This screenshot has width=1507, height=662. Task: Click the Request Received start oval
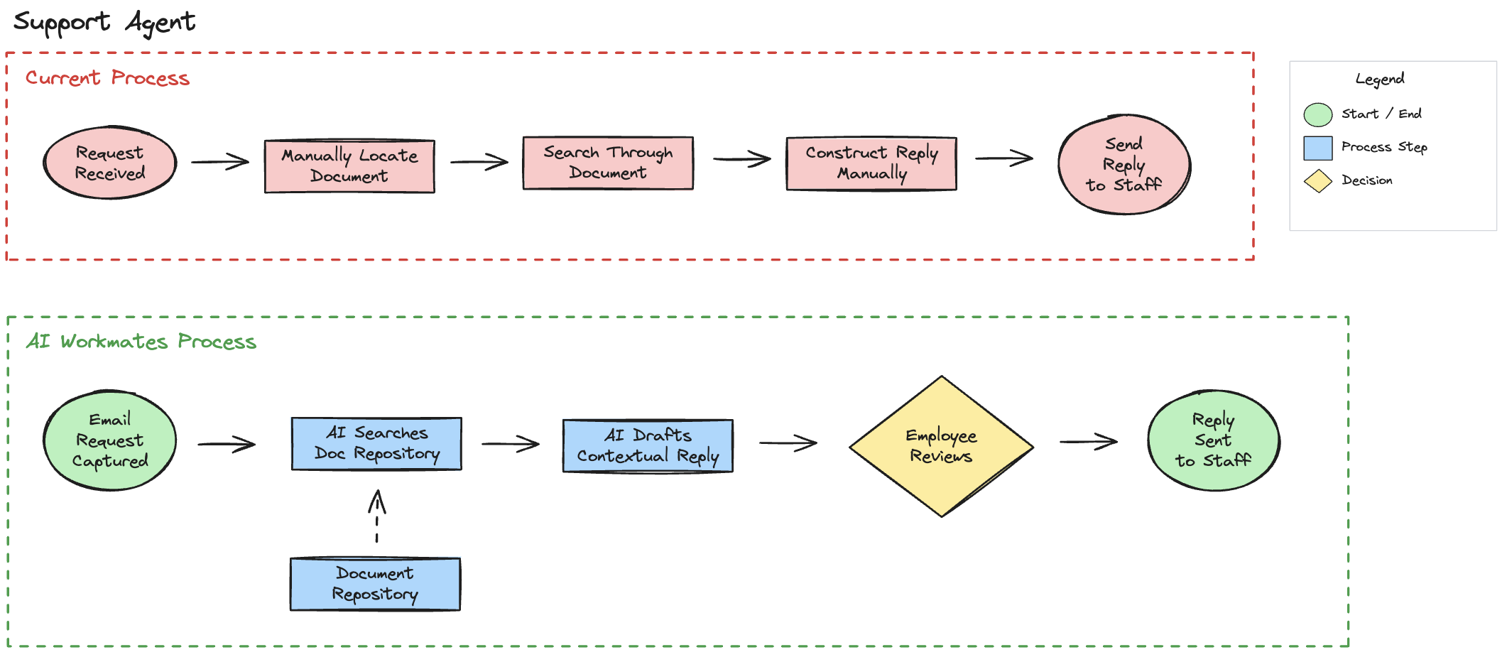(109, 163)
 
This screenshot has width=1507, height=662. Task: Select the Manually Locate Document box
(349, 166)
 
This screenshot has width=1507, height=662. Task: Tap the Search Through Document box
(608, 163)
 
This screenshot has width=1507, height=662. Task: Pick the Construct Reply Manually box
(871, 163)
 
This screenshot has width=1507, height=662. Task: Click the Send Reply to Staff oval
(1124, 165)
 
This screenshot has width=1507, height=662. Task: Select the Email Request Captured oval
(109, 440)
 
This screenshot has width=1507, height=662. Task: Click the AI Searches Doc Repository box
(376, 444)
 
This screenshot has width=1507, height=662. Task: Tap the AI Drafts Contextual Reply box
(648, 446)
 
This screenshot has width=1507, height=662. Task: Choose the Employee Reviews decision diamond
(941, 446)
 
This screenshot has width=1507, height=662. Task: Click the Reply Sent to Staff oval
(1213, 440)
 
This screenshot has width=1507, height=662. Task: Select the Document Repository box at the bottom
(375, 584)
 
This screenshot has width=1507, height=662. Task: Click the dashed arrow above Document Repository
(377, 516)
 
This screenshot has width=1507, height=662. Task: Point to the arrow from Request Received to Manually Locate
(220, 162)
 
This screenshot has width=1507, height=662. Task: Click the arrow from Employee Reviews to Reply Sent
(1089, 442)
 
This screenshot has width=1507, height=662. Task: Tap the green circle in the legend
(1317, 114)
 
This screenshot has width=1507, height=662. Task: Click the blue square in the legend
(1317, 148)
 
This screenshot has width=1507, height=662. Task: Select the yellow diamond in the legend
(1317, 181)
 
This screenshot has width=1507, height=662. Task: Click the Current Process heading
(107, 78)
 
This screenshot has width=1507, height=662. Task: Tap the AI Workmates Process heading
(141, 342)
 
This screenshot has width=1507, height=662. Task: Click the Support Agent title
(104, 23)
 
